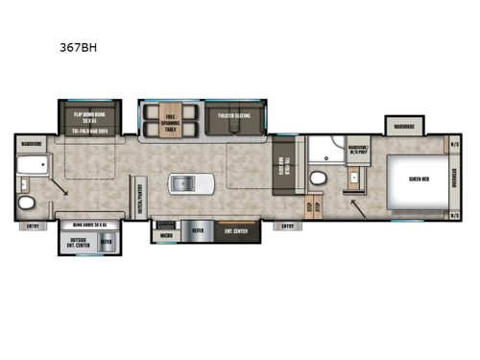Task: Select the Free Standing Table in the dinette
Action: click(x=171, y=121)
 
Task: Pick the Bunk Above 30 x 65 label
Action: click(x=89, y=224)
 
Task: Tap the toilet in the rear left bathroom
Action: click(x=29, y=202)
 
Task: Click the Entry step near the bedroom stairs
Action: click(x=287, y=227)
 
